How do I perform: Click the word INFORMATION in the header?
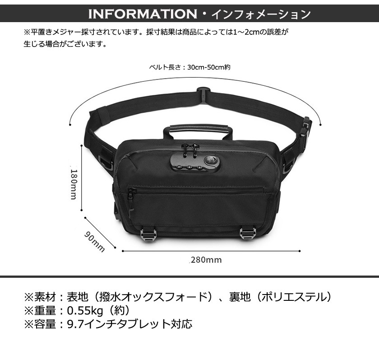click(x=143, y=14)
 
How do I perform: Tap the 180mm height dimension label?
click(x=74, y=184)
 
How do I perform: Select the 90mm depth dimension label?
click(x=94, y=242)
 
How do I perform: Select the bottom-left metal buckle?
click(x=148, y=235)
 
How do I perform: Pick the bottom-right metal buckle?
click(x=247, y=234)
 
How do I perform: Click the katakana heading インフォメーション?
click(x=261, y=14)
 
